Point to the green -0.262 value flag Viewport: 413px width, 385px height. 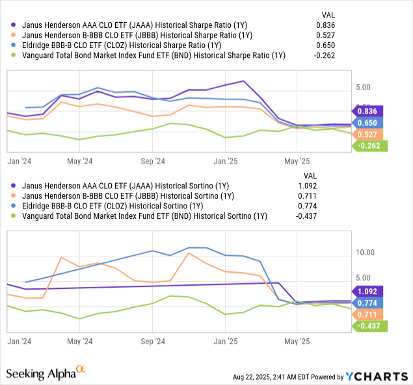coord(369,146)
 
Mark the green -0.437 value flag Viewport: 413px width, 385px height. coord(369,326)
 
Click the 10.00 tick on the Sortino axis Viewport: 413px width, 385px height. coord(367,253)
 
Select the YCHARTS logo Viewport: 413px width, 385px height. coord(377,376)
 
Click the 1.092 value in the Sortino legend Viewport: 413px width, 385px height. coord(306,185)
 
